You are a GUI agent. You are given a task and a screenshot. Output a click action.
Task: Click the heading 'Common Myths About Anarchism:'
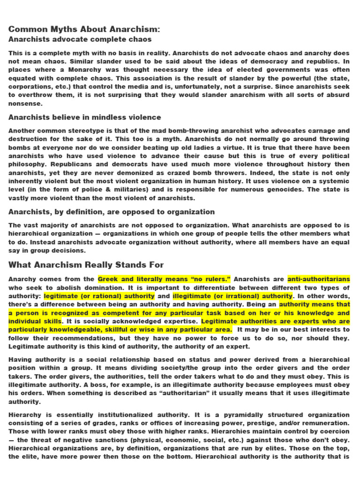point(84,30)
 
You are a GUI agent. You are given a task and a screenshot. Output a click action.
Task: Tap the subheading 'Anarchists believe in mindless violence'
point(85,117)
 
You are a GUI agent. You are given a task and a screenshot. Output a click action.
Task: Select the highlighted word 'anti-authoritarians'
point(318,279)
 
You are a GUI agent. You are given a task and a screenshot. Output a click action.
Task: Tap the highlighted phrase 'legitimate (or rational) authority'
point(99,296)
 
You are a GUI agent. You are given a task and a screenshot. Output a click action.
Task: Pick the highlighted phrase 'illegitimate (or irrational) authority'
point(232,296)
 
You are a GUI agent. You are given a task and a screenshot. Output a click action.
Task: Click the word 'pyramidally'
point(247,414)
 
